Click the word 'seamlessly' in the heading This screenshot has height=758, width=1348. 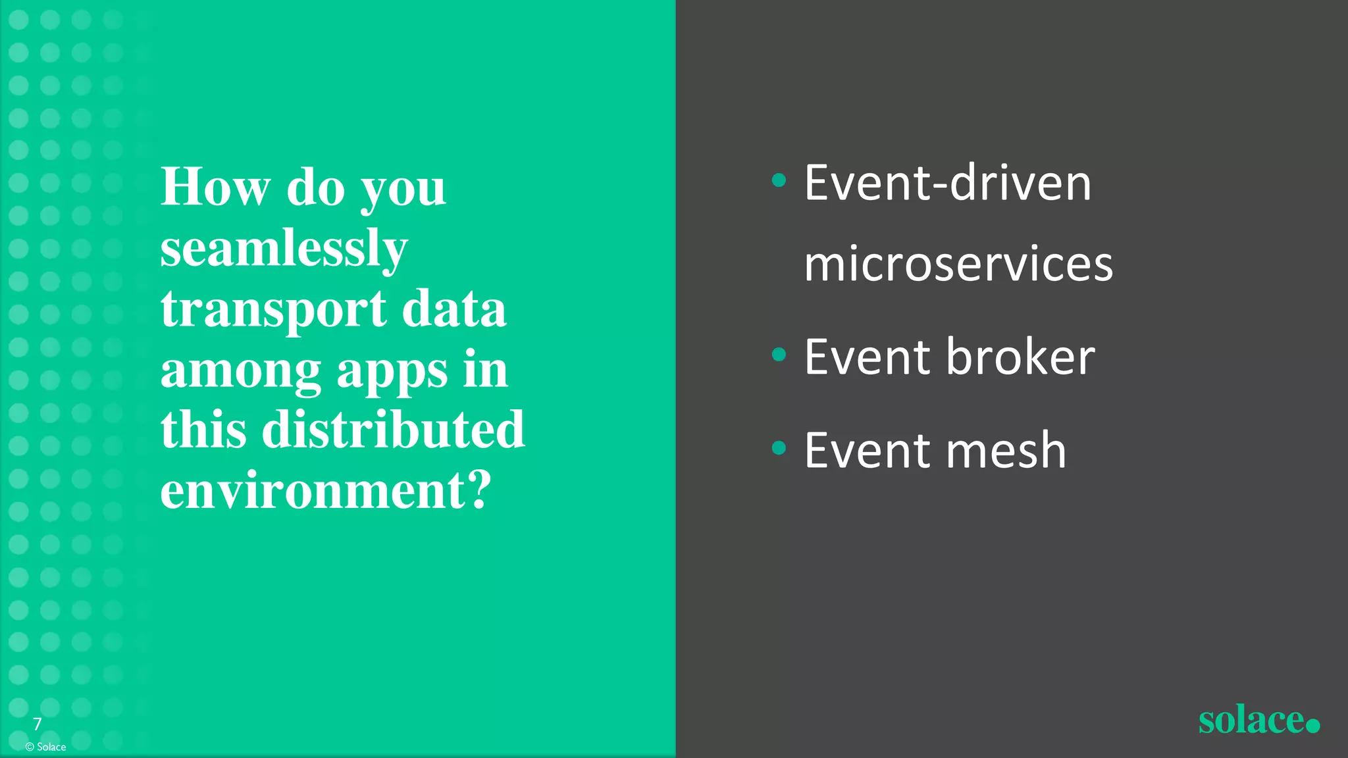[284, 249]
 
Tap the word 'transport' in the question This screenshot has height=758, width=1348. [273, 309]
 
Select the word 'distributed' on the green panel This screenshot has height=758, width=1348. [393, 430]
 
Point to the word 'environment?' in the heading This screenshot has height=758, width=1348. [326, 490]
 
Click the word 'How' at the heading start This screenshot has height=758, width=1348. [215, 187]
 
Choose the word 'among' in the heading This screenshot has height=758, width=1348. [240, 372]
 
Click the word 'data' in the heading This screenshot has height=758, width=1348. [454, 309]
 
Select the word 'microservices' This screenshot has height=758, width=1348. [958, 264]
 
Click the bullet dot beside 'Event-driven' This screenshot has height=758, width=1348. [779, 180]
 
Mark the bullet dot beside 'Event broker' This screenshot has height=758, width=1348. [779, 355]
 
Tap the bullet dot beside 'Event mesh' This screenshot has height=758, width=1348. [779, 448]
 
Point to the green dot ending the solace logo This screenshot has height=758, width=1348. [1312, 725]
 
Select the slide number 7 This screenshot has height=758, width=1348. [38, 724]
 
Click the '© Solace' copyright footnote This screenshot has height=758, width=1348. [45, 747]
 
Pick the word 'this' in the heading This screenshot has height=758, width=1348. [203, 430]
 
